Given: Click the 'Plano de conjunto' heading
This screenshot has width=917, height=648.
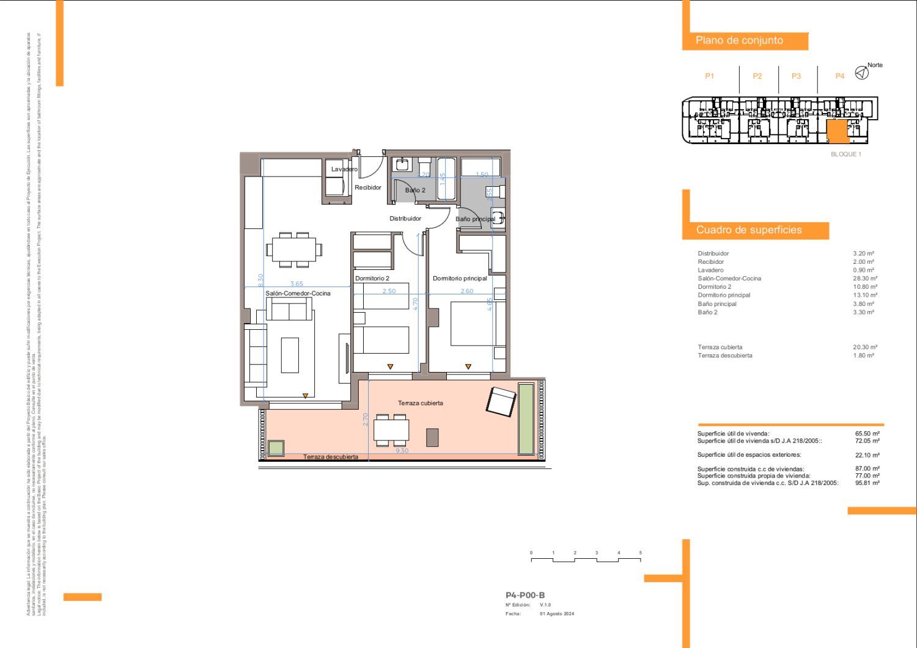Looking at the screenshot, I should pos(739,40).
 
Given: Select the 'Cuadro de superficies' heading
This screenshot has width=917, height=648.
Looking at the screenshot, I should pos(749,230).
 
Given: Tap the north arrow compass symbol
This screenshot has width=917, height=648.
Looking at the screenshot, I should pos(861,73).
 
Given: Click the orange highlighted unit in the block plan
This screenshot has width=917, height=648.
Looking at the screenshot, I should pos(837,131).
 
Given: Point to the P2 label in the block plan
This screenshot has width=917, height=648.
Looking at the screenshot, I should pos(757,76).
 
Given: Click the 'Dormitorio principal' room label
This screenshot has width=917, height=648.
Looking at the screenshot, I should pos(460,278).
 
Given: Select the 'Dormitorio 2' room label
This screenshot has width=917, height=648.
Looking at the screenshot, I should pos(372,278).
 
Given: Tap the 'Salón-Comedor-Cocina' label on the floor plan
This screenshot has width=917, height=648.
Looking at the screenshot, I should pos(298,294).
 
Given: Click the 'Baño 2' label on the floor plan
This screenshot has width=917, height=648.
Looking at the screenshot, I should pos(415,191).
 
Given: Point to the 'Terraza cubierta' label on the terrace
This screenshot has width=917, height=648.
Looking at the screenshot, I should pos(420,403).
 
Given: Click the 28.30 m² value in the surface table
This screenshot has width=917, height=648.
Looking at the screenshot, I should pos(863,278).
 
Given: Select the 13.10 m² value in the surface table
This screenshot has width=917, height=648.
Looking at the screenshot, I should pos(863,295).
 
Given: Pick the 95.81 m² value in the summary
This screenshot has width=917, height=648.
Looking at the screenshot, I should pos(867,483).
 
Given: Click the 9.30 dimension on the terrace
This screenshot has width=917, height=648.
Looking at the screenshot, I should pos(402,451).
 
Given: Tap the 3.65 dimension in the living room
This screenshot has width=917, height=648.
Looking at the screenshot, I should pos(296,284).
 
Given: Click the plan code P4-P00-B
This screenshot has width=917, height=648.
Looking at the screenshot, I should pos(525,595).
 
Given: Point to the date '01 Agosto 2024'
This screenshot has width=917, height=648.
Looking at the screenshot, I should pos(556,614).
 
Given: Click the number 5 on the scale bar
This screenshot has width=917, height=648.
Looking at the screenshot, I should pos(640,553).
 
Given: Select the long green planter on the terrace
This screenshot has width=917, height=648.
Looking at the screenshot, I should pos(526,419).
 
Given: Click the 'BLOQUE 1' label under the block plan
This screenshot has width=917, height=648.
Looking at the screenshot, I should pos(845,155).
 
